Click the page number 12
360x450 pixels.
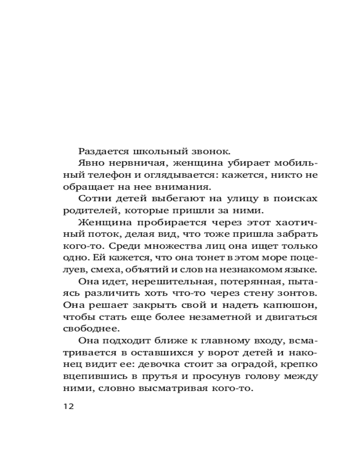click(x=68, y=406)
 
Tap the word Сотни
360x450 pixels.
click(x=91, y=198)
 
